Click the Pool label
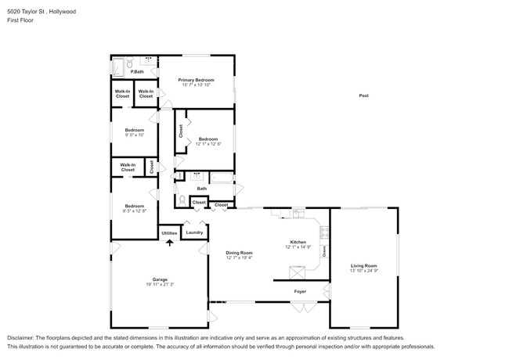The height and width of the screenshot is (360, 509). click(363, 95)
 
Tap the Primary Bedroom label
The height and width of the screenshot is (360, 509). click(196, 80)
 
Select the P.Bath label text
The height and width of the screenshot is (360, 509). click(136, 72)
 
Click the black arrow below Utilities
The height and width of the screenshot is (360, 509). click(169, 243)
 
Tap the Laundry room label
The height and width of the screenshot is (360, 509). click(195, 232)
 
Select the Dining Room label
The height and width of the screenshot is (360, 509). click(240, 252)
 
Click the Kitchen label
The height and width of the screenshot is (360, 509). click(298, 243)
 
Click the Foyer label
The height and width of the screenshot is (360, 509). click(300, 291)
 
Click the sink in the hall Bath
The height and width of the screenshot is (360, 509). click(197, 177)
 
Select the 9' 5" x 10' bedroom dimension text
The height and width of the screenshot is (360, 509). click(135, 135)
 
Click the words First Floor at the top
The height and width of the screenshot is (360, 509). click(20, 20)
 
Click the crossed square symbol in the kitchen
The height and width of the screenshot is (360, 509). click(297, 272)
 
